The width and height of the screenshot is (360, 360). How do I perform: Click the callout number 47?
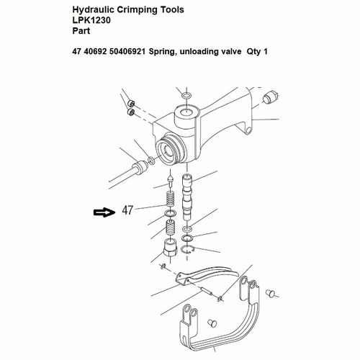pos(128,211)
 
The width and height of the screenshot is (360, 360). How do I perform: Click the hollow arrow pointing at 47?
pos(104,212)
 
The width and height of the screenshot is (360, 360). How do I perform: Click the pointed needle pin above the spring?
pos(169,178)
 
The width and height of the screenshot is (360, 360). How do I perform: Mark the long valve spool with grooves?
pos(189,194)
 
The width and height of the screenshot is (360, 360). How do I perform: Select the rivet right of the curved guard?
pos(272,293)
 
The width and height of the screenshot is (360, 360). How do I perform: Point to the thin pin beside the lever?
pos(210,294)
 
